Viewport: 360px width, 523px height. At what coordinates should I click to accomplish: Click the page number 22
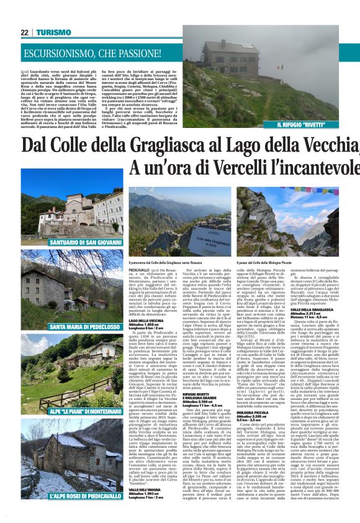(25, 32)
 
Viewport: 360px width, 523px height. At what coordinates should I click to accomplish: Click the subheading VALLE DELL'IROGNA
(146, 489)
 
